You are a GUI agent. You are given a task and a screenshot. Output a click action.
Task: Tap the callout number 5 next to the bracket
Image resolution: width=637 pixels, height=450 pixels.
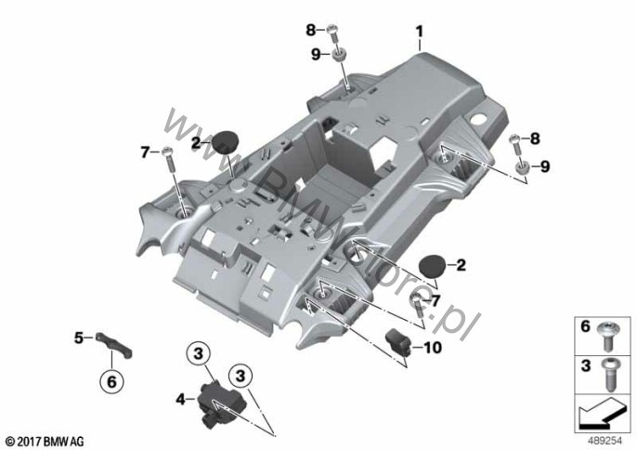79,337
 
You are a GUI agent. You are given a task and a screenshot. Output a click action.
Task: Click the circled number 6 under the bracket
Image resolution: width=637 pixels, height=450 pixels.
110,380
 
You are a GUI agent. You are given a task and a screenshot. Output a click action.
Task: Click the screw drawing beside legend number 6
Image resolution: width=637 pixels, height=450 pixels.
609,330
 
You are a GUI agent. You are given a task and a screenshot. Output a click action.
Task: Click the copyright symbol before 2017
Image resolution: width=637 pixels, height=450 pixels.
9,439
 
